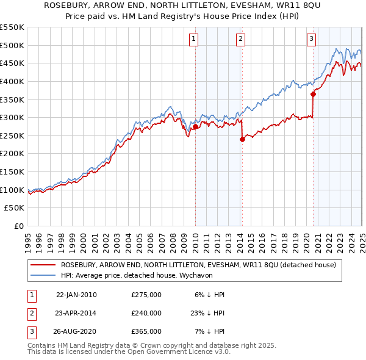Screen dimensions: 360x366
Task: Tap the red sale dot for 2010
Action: click(195, 127)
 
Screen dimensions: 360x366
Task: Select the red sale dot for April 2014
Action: click(242, 139)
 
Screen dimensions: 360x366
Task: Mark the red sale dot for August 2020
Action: click(313, 94)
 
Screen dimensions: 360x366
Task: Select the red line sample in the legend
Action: click(43, 265)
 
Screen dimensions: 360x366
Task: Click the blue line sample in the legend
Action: click(43, 275)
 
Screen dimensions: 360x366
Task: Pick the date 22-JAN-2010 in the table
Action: click(76, 295)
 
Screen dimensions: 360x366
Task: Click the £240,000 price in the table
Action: click(146, 313)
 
